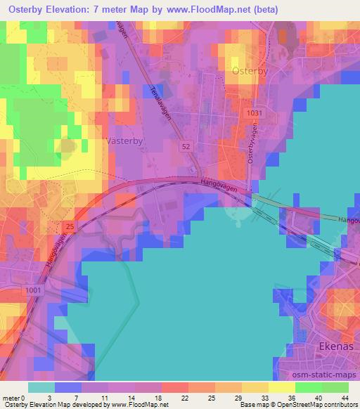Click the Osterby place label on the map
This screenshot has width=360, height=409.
click(249, 70)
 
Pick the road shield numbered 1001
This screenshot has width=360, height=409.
click(32, 289)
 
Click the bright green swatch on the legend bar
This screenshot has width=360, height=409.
click(308, 387)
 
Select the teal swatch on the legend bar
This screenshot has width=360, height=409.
click(41, 387)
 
